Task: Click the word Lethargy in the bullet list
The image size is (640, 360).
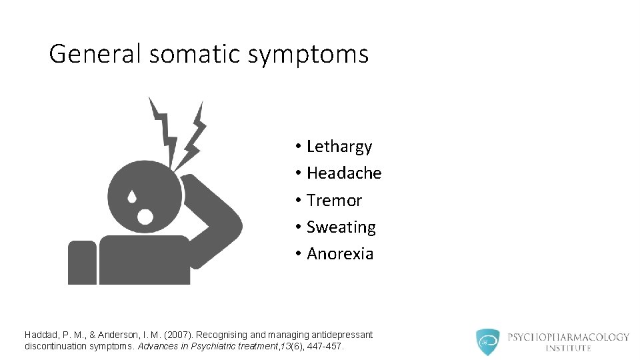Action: (x=339, y=147)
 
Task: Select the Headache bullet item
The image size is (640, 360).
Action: (x=344, y=173)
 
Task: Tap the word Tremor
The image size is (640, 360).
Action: (x=334, y=201)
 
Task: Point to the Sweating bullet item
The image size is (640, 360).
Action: (x=341, y=227)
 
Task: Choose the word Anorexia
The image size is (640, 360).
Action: (x=340, y=254)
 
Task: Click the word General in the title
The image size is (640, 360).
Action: (x=95, y=54)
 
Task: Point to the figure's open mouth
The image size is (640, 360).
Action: (x=144, y=216)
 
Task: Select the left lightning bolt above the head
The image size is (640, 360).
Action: (x=163, y=130)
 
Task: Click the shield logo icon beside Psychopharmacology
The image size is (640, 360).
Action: (x=488, y=341)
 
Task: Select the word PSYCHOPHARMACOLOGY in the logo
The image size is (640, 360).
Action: (x=568, y=337)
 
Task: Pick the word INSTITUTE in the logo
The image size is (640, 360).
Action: (x=568, y=348)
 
